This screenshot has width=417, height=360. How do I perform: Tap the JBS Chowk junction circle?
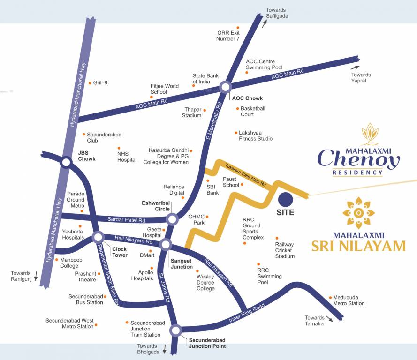pyautogui.click(x=66, y=162)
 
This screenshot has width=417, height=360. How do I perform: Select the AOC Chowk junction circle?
pyautogui.click(x=226, y=87)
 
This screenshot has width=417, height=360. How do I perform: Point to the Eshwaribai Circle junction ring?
pyautogui.click(x=172, y=219)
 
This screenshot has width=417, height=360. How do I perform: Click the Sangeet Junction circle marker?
pyautogui.click(x=165, y=244)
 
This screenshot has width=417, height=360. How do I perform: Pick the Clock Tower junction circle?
pyautogui.click(x=98, y=236)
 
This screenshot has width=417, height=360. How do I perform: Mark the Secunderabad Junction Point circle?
pyautogui.click(x=176, y=330)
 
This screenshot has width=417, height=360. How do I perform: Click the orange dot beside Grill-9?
pyautogui.click(x=90, y=83)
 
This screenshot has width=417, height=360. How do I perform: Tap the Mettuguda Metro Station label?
pyautogui.click(x=349, y=300)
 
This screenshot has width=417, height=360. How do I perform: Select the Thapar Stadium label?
pyautogui.click(x=192, y=112)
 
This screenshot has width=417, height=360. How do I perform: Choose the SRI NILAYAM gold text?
pyautogui.click(x=358, y=245)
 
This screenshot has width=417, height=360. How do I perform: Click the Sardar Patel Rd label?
pyautogui.click(x=126, y=219)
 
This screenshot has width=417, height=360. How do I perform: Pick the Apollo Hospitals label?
pyautogui.click(x=142, y=275)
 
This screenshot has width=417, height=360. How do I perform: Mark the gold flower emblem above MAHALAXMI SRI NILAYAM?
pyautogui.click(x=358, y=213)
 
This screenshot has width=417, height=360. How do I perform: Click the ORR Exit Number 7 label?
pyautogui.click(x=228, y=36)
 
